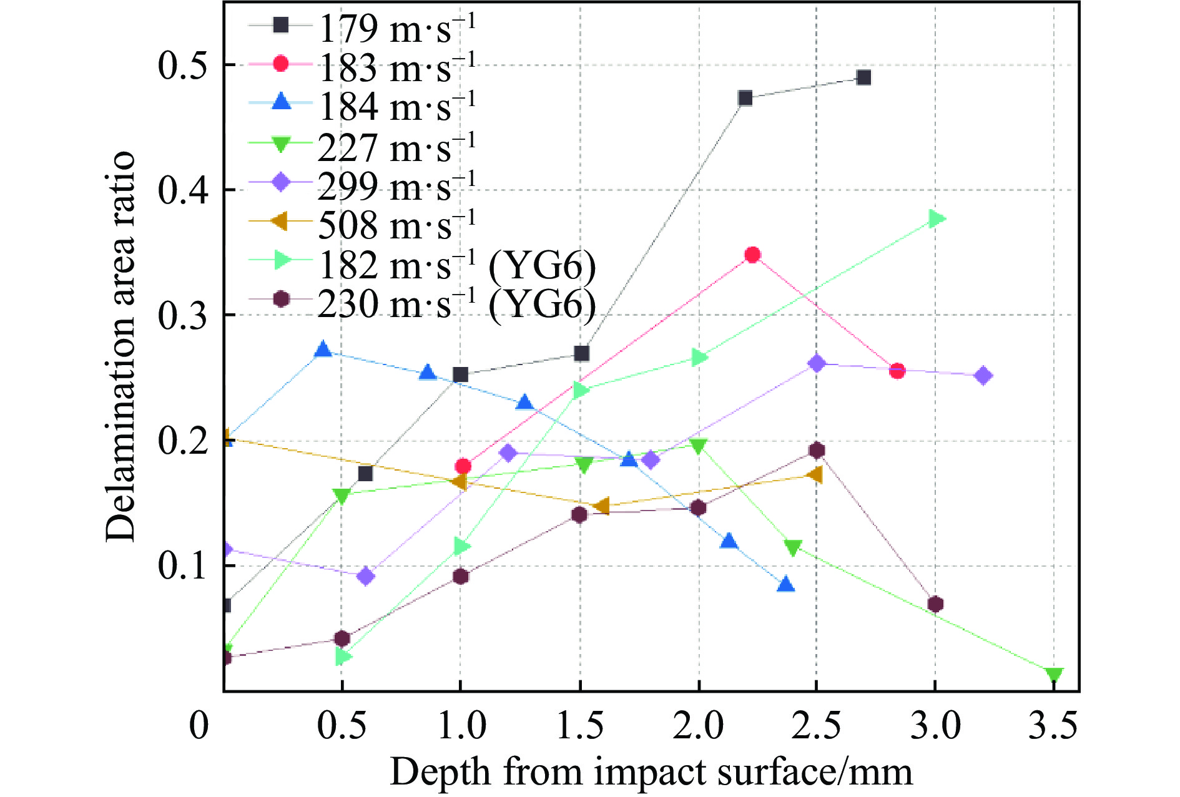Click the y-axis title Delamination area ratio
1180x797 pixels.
pyautogui.click(x=120, y=346)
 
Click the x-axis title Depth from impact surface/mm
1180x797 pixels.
pyautogui.click(x=651, y=772)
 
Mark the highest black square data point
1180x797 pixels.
pyautogui.click(x=863, y=77)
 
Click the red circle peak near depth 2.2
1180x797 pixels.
pyautogui.click(x=752, y=255)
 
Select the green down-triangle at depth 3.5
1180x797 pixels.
pyautogui.click(x=1053, y=675)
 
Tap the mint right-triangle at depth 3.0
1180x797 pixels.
pyautogui.click(x=936, y=218)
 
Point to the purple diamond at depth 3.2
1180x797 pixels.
pyautogui.click(x=983, y=376)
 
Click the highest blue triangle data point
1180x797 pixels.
pyautogui.click(x=323, y=350)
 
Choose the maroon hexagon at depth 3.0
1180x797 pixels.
pyautogui.click(x=935, y=604)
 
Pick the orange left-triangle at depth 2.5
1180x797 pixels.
pyautogui.click(x=814, y=475)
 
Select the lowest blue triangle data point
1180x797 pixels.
pyautogui.click(x=786, y=584)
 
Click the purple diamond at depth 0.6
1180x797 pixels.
pyautogui.click(x=366, y=576)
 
